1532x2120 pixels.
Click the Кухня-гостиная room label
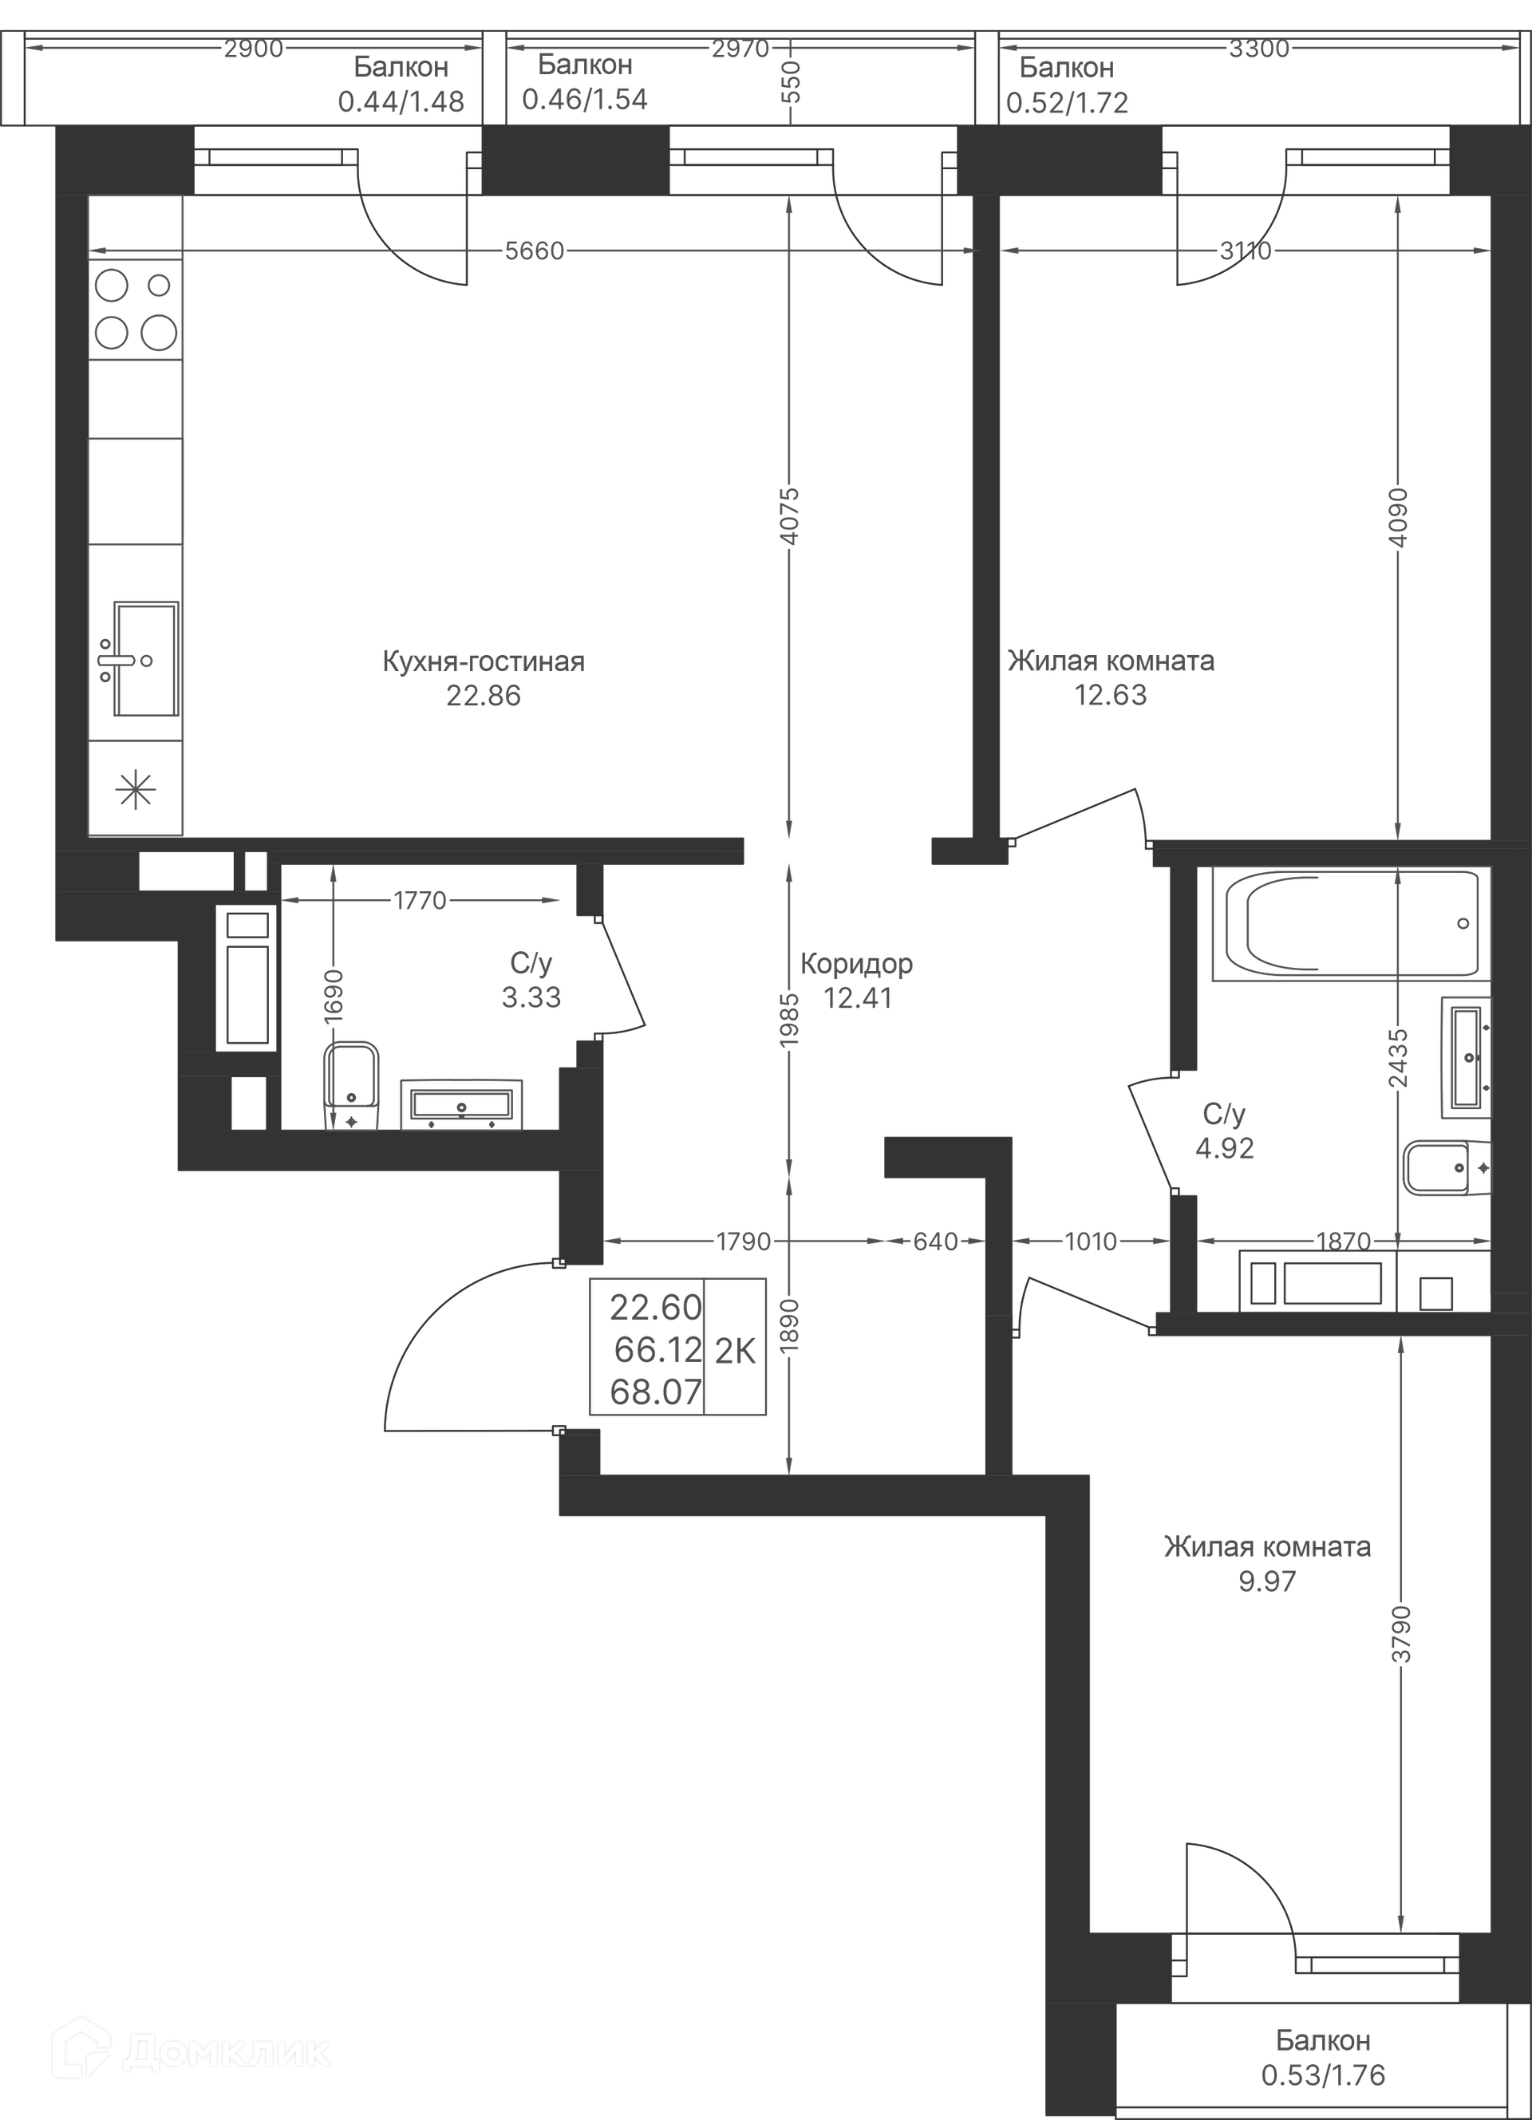pos(484,661)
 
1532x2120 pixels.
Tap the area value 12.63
pos(1110,696)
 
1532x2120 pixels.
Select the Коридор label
pos(856,963)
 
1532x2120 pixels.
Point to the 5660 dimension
pos(534,251)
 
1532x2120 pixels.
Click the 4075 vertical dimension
pos(790,515)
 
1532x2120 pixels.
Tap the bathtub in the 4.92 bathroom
pos(1350,923)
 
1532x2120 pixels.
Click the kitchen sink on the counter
pos(145,659)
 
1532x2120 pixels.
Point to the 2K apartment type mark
pos(735,1351)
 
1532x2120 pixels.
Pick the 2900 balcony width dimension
pos(253,49)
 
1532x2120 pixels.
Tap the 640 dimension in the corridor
pos(936,1242)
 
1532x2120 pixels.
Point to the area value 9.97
pos(1266,1581)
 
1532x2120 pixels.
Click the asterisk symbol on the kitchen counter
pos(136,792)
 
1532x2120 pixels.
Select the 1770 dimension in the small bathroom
pos(420,900)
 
